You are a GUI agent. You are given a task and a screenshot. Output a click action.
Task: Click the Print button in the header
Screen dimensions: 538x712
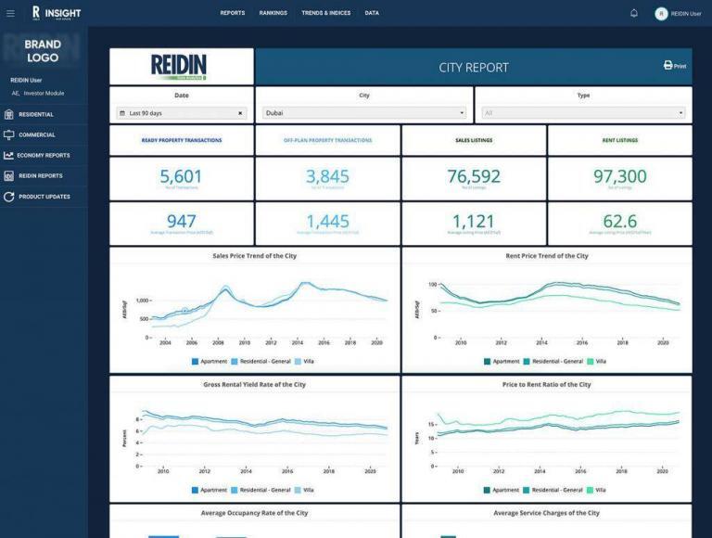pos(674,66)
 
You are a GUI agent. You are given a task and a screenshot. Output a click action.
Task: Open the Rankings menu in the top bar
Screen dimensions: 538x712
pos(273,13)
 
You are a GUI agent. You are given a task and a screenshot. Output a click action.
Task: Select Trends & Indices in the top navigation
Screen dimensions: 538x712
pos(325,13)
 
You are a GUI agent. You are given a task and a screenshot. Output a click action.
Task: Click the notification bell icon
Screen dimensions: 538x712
pos(634,13)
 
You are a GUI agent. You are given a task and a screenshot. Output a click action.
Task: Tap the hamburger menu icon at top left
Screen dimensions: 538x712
pos(10,13)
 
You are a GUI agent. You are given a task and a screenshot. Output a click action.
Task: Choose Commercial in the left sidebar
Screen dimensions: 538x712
pos(37,134)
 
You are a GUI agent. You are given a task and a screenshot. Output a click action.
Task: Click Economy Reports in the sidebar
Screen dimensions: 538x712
pos(44,155)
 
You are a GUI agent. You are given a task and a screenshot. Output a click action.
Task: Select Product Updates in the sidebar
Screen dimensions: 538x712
pos(44,197)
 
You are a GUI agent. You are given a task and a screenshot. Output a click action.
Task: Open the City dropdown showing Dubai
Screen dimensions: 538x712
pos(363,113)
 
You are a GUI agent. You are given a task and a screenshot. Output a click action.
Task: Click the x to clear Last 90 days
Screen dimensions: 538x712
pos(240,113)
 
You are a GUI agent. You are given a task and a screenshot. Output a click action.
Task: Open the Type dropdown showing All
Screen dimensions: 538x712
pos(582,113)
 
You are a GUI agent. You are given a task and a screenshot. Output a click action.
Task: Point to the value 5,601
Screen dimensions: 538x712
pos(181,176)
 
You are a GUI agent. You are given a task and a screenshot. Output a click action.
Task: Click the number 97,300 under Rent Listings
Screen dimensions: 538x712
pos(619,176)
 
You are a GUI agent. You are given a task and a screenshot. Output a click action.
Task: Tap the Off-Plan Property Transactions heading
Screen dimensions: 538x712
pos(327,140)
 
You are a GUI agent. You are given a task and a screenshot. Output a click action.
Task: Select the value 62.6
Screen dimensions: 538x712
pos(619,221)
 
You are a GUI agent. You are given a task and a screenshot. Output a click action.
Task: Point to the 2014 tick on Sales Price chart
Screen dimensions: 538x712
pos(297,342)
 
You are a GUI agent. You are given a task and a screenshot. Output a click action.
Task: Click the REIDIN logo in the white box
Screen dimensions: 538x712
pos(181,67)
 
